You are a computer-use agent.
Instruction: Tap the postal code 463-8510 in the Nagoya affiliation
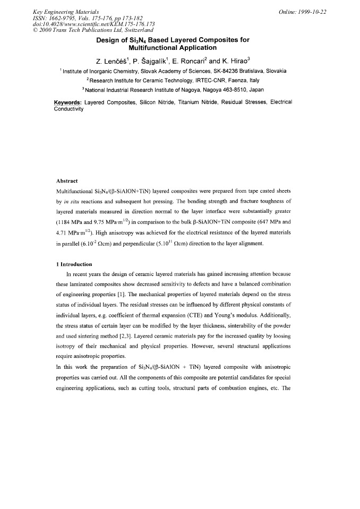pos(233,90)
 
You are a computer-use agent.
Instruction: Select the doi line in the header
pos(79,24)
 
